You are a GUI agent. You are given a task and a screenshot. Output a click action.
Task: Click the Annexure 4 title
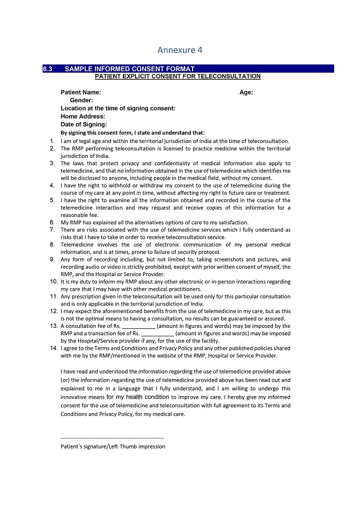[180, 50]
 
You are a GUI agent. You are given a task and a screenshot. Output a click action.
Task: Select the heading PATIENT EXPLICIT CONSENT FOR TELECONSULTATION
[178, 77]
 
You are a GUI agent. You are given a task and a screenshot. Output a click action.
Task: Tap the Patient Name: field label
[81, 93]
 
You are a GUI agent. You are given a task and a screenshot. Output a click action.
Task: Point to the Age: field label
[246, 93]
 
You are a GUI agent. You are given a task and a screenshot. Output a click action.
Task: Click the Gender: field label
[81, 100]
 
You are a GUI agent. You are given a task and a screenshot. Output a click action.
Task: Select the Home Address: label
[83, 117]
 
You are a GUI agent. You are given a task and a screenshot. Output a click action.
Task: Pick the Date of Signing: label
[84, 124]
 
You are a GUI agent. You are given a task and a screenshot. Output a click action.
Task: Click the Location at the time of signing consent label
[118, 108]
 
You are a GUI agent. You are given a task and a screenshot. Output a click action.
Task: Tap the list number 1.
[52, 141]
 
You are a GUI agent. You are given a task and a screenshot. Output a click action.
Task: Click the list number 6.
[52, 222]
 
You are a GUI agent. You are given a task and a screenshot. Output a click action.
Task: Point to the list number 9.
[52, 260]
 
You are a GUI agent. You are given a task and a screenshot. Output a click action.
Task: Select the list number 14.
[54, 348]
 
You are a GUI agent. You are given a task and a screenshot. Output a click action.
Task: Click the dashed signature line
[112, 438]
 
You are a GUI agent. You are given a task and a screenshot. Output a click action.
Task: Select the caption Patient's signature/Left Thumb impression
[113, 447]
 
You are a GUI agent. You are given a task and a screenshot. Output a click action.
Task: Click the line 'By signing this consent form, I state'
[133, 133]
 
